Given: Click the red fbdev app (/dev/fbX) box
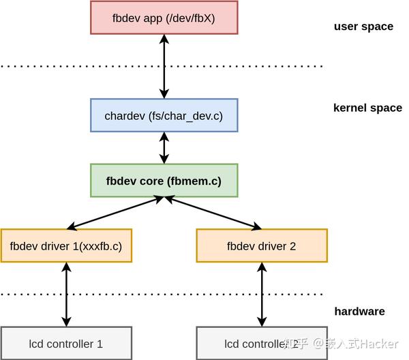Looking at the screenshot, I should tap(164, 18).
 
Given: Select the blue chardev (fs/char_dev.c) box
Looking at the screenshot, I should tap(164, 116).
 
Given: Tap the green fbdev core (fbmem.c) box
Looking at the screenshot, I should tap(164, 181).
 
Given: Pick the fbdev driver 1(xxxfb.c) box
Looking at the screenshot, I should tap(66, 246).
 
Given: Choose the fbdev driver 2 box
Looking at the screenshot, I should tap(261, 246).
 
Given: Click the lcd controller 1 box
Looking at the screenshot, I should tap(66, 344).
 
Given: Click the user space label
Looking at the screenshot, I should tap(363, 27).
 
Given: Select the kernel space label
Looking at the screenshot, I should tap(367, 108).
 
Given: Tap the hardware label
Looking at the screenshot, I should tap(359, 312).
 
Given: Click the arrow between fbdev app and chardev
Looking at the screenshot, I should tap(164, 66).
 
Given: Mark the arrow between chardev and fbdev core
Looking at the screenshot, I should tap(164, 148).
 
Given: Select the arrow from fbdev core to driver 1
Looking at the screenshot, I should tap(115, 213).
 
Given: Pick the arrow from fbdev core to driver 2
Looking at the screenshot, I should tap(213, 213).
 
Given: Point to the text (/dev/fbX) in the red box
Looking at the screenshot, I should tap(190, 18).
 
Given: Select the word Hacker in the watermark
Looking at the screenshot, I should tap(379, 344).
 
